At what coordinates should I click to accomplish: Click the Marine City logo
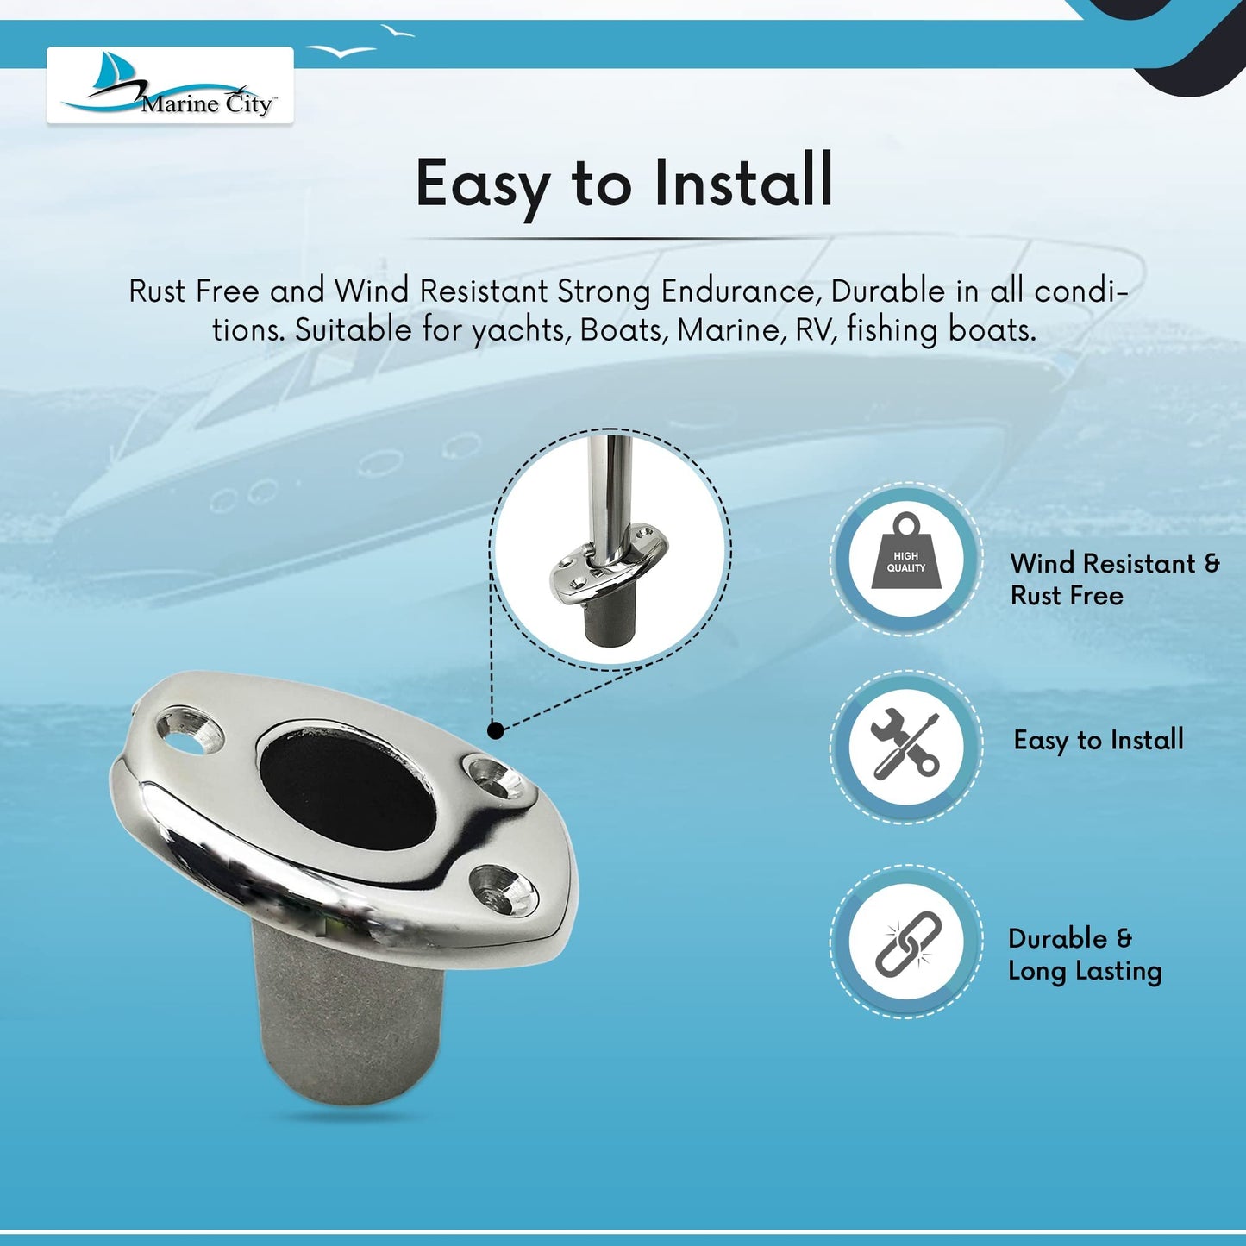coord(170,85)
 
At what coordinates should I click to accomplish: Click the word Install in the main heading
coord(743,182)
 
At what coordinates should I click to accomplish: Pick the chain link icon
coord(906,943)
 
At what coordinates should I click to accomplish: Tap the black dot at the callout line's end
coord(495,730)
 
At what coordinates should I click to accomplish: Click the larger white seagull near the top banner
coord(341,51)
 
